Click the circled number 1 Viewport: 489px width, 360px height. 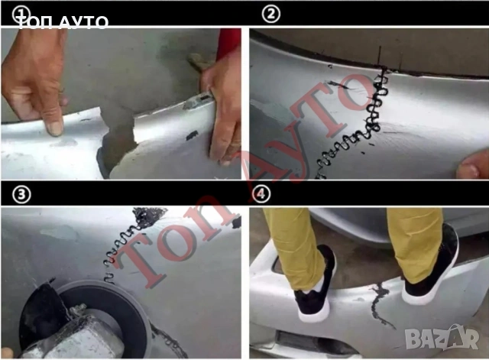coord(21,14)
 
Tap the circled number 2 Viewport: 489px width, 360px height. coord(270,14)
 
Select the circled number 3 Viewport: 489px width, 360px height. coord(21,195)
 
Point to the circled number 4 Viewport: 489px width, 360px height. coord(261,193)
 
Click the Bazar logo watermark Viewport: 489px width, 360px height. coord(442,338)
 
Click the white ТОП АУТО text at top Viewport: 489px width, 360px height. coord(63,22)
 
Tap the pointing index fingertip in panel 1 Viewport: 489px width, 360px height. coord(55,128)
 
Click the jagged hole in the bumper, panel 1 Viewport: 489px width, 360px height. coord(117,141)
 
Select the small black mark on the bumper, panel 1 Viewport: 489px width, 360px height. coord(192,135)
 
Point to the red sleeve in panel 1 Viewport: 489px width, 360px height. coord(228,44)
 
